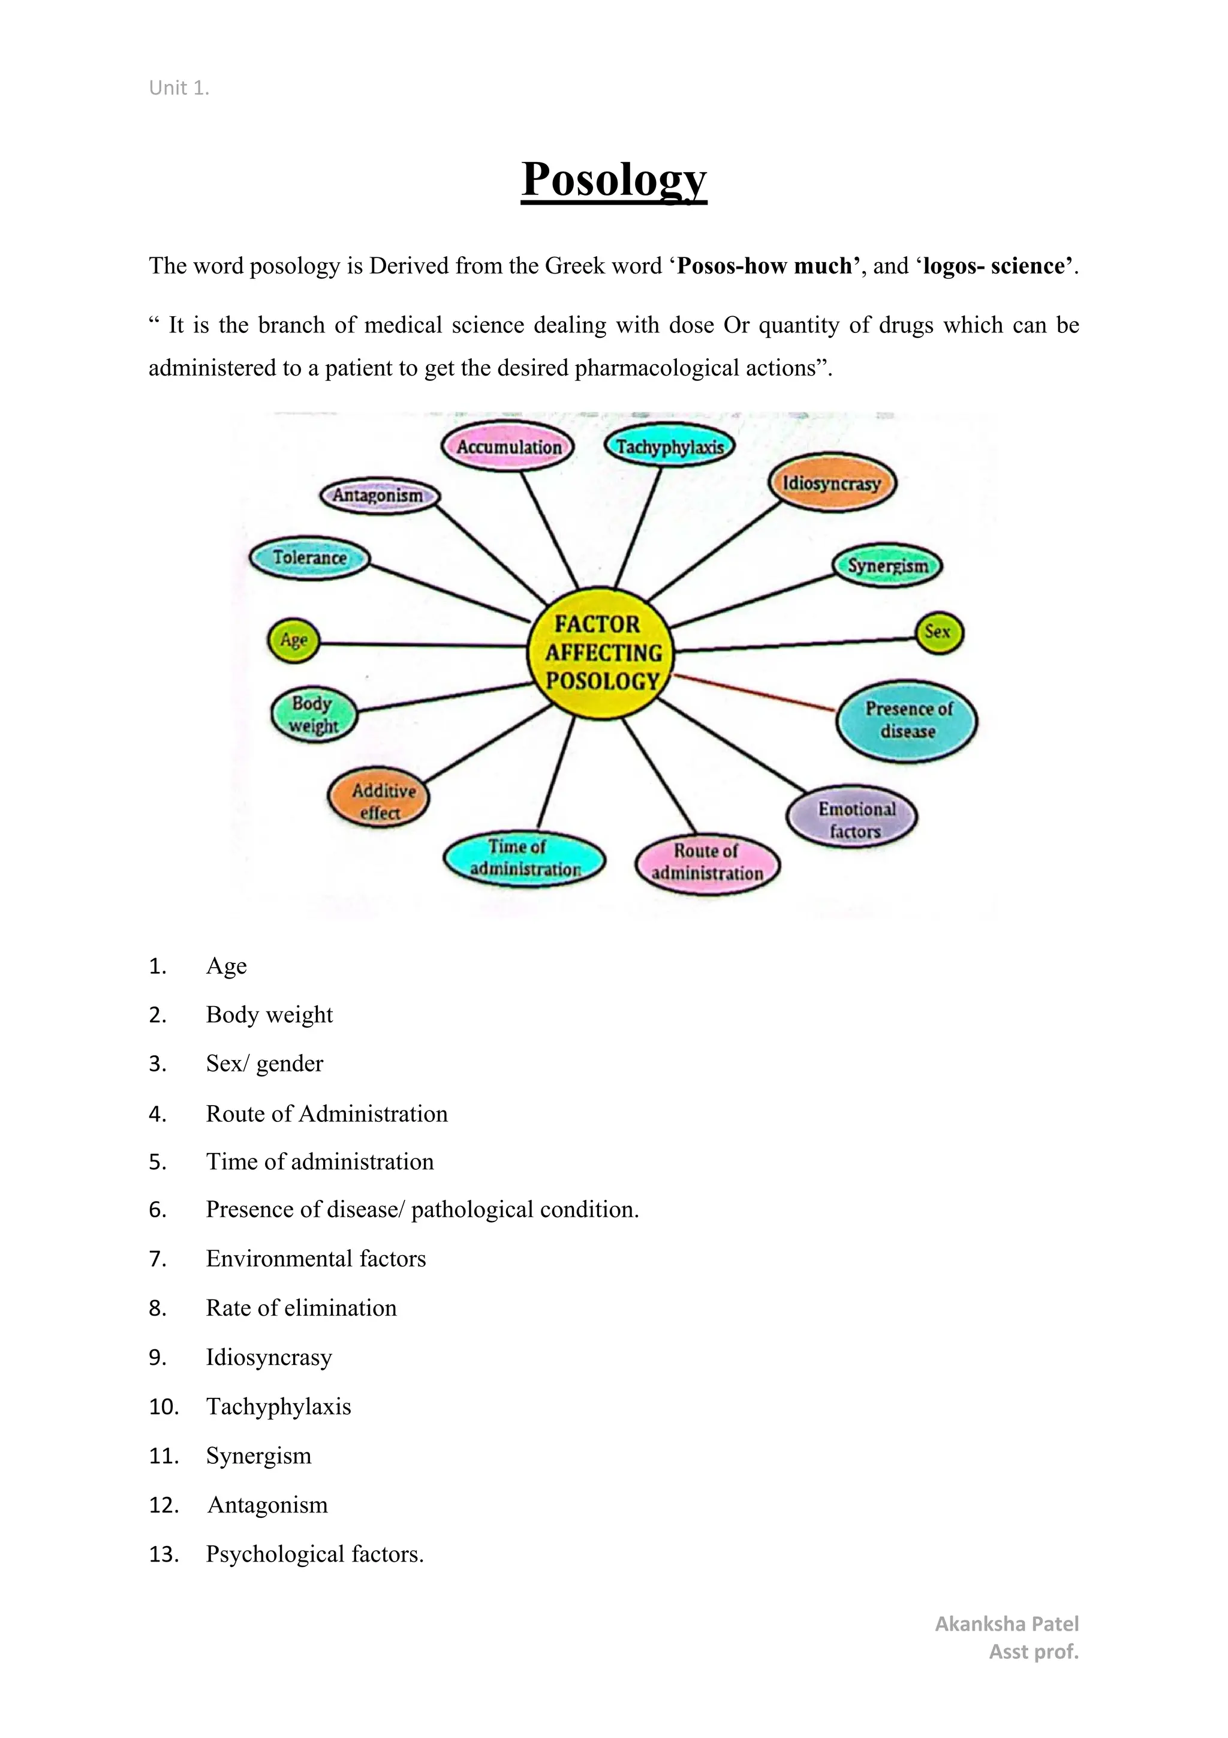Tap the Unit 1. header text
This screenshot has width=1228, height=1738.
(x=179, y=89)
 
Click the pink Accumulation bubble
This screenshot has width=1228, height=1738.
(x=508, y=446)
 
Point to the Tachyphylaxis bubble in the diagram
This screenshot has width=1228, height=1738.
(x=670, y=446)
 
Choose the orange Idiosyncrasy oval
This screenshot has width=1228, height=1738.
(x=832, y=483)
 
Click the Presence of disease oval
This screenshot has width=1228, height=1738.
(x=907, y=720)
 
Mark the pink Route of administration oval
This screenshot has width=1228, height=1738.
(x=708, y=862)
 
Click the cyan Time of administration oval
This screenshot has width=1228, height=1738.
(x=524, y=858)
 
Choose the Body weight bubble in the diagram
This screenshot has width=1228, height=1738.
(x=313, y=714)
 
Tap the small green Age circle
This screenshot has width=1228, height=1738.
(x=294, y=640)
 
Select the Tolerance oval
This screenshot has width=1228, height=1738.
(x=309, y=558)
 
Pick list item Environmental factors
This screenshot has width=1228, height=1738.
(x=315, y=1259)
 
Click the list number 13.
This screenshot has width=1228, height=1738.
(x=164, y=1554)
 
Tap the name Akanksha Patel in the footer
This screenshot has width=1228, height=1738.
(x=1006, y=1623)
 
